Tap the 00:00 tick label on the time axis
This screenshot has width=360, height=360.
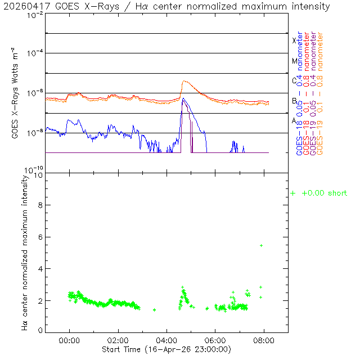coord(69,340)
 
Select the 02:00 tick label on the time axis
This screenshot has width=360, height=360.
coord(118,340)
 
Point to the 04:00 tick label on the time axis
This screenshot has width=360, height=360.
coord(166,340)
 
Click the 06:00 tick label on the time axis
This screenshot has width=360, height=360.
coord(215,340)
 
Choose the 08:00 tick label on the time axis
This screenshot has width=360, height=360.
coord(264,340)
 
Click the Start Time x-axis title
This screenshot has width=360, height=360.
coord(166,349)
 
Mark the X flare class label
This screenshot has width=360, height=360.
coord(294,40)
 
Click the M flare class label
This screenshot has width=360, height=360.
coord(294,61)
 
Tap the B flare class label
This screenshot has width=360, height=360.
coord(294,101)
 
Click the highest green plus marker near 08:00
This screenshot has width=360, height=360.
coord(261,245)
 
